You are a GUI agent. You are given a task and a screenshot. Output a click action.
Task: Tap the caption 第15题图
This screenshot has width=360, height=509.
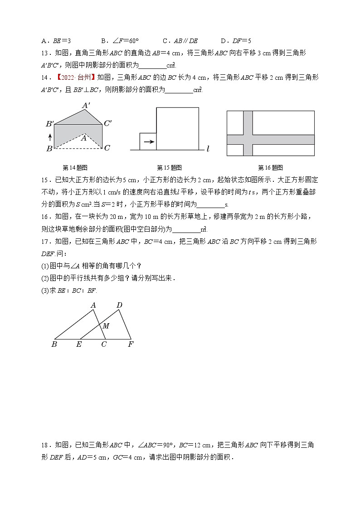coord(169,167)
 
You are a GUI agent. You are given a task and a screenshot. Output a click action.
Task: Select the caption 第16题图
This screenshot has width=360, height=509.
coord(271,167)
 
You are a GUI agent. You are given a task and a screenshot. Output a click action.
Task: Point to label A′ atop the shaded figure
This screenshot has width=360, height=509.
coord(86,106)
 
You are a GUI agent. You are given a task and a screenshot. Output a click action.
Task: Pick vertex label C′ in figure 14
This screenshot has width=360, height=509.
coord(108,123)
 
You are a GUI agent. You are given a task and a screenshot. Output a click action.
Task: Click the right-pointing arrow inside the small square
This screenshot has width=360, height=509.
coord(148,141)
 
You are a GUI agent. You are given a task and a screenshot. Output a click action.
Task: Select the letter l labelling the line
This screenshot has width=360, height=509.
coord(208,149)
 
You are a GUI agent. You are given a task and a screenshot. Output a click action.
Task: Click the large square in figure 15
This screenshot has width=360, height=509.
coord(177,128)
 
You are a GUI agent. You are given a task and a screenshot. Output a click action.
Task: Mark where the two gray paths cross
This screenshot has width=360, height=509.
coord(248,140)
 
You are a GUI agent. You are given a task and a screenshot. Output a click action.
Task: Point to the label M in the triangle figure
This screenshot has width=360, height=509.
coord(106,326)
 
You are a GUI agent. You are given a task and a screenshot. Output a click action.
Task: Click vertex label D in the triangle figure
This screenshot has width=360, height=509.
coord(119,305)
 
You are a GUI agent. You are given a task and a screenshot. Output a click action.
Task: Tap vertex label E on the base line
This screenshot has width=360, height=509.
coord(79,344)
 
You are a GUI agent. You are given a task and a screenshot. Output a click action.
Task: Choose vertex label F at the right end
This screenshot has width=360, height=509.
coord(131,344)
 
